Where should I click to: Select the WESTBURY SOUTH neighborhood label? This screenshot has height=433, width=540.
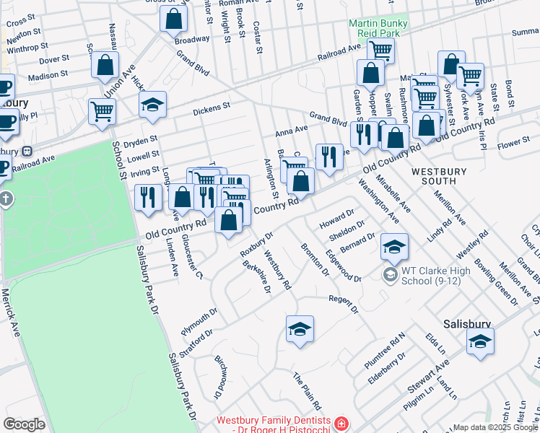click(x=440, y=177)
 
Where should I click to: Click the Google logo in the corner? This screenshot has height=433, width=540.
click(x=24, y=424)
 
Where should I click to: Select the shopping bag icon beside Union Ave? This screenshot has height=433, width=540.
click(x=105, y=65)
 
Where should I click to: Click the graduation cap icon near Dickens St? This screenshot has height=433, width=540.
click(x=152, y=105)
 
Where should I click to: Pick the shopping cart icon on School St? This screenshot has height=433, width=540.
click(x=102, y=112)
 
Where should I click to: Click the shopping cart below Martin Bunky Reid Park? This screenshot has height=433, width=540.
click(x=380, y=51)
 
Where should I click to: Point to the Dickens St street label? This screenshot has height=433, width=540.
click(x=211, y=110)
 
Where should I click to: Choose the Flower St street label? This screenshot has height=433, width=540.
click(x=513, y=142)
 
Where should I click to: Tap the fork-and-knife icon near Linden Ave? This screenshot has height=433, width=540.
click(x=148, y=197)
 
